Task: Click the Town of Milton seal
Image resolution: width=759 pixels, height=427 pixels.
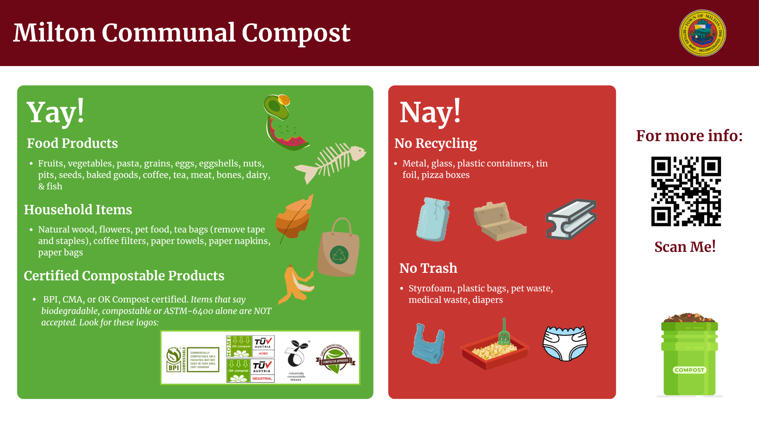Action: point(702,33)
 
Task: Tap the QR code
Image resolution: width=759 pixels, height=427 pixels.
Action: point(686,191)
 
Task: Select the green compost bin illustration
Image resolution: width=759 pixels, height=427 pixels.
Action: point(689,356)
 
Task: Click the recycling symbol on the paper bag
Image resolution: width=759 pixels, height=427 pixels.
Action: point(339,255)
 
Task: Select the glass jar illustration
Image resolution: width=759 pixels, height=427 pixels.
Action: point(433,219)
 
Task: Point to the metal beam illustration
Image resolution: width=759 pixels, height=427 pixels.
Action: point(571,219)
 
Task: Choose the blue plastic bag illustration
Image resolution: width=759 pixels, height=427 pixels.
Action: point(428,344)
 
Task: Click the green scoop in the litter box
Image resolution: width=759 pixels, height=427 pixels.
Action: point(504,332)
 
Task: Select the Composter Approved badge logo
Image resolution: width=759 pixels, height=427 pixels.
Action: point(335,359)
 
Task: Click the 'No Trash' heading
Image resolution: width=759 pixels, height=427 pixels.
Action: point(428,268)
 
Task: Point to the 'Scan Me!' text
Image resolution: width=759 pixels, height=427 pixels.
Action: point(685,247)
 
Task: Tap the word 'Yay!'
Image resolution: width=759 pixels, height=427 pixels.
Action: point(55,112)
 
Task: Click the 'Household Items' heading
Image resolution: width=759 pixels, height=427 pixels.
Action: point(78,210)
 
